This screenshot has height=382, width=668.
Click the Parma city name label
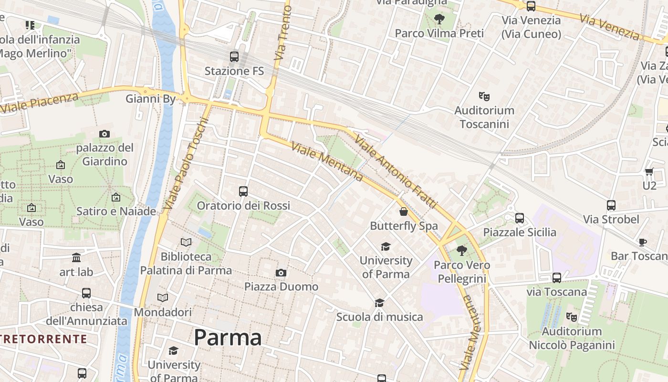(x=228, y=338)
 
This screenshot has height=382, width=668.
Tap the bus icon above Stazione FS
(x=234, y=57)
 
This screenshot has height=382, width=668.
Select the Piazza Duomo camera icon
(x=281, y=273)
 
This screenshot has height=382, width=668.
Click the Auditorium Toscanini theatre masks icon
(x=484, y=96)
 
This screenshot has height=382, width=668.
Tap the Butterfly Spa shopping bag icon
(x=404, y=212)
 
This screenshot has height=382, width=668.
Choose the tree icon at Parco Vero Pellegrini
(x=461, y=250)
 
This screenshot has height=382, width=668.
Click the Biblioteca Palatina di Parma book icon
(x=186, y=243)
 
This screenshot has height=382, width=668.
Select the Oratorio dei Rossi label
(x=243, y=206)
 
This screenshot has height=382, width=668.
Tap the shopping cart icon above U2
(x=649, y=172)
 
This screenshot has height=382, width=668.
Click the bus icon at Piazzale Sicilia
(x=519, y=218)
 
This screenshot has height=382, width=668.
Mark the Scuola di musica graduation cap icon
(x=379, y=303)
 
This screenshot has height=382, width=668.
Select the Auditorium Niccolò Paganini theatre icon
(x=571, y=317)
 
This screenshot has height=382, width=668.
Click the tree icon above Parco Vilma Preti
(x=439, y=19)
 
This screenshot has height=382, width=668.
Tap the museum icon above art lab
(x=76, y=258)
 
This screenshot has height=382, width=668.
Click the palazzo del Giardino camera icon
(x=104, y=134)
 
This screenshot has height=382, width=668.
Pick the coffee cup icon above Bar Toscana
(x=643, y=242)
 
